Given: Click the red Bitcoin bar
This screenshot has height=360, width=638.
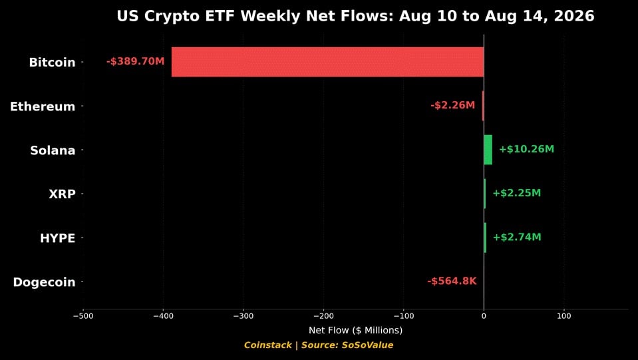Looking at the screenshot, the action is point(327,62).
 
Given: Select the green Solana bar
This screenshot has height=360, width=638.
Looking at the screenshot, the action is point(488,150).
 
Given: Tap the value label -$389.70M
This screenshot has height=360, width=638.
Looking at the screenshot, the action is point(136,61).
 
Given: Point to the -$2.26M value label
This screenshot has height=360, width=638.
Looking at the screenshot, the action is point(452,105).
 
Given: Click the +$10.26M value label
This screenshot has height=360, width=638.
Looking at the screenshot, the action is point(526,149).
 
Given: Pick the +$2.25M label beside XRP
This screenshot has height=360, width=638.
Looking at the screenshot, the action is point(517,193).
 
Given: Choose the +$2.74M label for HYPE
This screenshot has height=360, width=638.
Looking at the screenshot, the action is point(517,237).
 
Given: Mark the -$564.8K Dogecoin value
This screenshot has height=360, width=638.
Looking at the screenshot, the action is point(452,281).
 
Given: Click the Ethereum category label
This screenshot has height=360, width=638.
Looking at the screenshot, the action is point(43,106).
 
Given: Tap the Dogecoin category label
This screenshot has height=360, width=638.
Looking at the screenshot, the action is point(45,282).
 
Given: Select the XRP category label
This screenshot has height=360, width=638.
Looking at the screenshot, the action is point(63,194).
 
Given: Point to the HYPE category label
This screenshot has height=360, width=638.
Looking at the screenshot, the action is point(58,238).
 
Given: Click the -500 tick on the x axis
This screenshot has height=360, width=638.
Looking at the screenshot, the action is point(83,315).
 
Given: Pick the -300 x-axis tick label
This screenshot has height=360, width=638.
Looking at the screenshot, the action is point(243,315).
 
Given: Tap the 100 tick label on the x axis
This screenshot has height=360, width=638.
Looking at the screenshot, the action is point(564,315).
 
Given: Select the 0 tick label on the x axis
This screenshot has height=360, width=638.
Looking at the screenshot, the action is point(484,315).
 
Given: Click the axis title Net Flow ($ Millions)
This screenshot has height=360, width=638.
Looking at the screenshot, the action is point(356,330).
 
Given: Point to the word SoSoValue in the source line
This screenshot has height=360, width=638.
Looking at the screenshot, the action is point(367,345).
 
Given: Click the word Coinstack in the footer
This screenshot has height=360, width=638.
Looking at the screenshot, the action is point(267,345).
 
